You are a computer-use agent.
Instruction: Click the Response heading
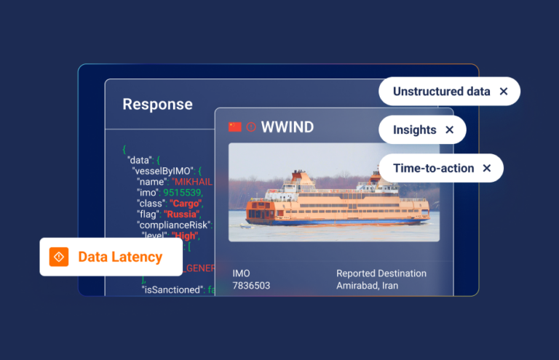click(157, 104)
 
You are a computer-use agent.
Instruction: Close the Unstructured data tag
click(504, 92)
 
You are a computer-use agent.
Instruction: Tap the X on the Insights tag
click(449, 130)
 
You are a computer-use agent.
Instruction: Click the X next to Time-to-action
click(487, 168)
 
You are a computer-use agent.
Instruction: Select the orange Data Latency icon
click(59, 257)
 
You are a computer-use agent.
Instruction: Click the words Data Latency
click(120, 257)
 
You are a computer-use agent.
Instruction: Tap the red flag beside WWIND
click(235, 127)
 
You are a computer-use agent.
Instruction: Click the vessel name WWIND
click(287, 127)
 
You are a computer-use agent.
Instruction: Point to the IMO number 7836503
click(251, 286)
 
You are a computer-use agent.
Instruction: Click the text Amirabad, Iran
click(367, 286)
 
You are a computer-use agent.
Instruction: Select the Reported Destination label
click(381, 273)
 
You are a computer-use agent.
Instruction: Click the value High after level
click(185, 236)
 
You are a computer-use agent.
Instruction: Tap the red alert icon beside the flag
click(251, 127)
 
